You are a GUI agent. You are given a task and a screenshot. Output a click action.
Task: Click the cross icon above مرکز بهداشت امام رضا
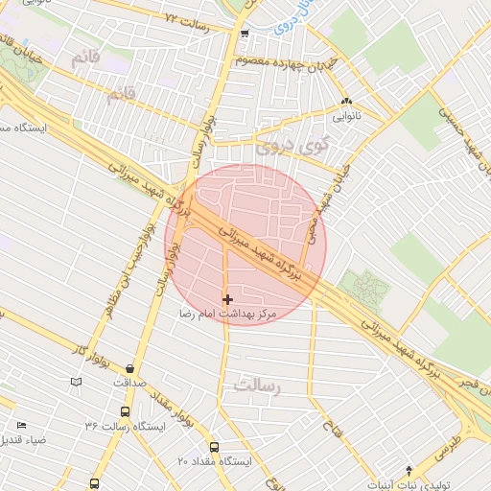[x=227, y=300]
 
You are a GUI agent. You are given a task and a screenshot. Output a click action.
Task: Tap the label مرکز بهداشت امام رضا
[x=227, y=314]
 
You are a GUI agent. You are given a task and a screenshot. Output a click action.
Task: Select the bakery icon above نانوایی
[x=345, y=101]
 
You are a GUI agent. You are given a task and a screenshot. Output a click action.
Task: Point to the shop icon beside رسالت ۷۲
[x=245, y=34]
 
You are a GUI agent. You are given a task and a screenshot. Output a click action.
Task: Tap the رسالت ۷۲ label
[x=186, y=18]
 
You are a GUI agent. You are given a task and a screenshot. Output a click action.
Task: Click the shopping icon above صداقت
[x=129, y=368]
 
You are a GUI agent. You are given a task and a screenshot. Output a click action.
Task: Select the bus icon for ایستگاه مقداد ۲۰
[x=213, y=447]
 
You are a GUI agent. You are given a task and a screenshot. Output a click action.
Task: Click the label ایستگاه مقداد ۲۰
[x=213, y=461]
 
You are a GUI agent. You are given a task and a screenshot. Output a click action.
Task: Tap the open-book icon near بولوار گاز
[x=77, y=383]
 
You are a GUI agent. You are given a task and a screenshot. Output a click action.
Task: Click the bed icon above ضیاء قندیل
[x=22, y=425]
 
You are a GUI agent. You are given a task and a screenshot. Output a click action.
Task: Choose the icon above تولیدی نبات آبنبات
[x=409, y=470]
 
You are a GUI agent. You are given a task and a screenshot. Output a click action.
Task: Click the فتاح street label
[x=326, y=420]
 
